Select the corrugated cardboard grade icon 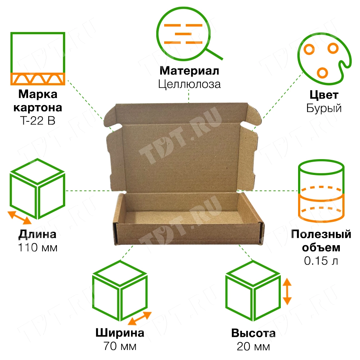38,59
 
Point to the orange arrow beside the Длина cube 19,217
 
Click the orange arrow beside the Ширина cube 140,318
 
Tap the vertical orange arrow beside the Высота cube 287,292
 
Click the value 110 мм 38,248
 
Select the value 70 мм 120,346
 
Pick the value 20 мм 253,346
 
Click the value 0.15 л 321,261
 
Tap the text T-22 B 38,121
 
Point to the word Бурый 324,108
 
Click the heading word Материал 189,71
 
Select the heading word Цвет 324,95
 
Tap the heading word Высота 253,333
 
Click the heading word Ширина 120,333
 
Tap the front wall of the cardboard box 188,234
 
